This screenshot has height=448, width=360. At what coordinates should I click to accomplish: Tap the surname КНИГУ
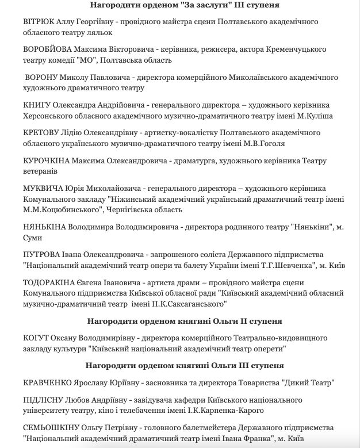pos(37,105)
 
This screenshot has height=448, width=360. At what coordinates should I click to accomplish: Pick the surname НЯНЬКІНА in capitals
pos(45,227)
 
